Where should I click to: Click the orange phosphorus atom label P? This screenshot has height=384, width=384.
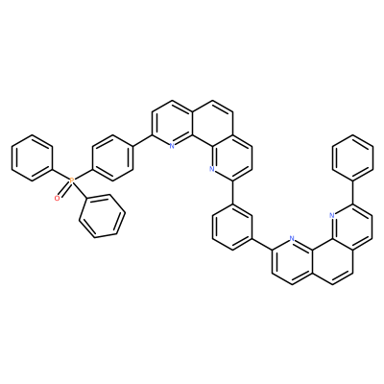tap(72, 181)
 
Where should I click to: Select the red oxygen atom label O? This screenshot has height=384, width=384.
tap(57, 199)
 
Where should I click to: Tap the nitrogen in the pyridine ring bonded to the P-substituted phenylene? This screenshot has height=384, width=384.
tap(172, 146)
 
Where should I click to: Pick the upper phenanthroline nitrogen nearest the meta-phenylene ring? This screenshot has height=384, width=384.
tap(211, 169)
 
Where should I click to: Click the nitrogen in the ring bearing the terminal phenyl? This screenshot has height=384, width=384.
tap(332, 215)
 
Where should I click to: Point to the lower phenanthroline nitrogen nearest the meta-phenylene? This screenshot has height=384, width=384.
tap(292, 238)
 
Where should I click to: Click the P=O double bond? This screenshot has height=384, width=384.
tap(64, 190)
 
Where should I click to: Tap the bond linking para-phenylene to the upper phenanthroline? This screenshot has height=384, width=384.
tap(142, 140)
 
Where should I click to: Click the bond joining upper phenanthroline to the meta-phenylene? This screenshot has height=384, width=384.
tap(232, 193)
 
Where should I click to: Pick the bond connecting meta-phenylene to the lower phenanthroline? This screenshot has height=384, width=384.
tap(262, 245)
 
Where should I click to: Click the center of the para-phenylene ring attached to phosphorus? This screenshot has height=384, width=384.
tap(112, 158)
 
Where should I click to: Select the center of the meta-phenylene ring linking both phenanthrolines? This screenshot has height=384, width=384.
tap(232, 228)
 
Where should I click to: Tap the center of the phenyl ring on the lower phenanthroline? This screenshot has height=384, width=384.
tap(352, 157)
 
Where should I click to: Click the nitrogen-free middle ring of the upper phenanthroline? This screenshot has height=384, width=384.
tap(212, 123)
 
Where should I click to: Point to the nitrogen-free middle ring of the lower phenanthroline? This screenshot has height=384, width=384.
tap(332, 261)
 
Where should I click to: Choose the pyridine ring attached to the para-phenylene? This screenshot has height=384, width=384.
tap(173, 123)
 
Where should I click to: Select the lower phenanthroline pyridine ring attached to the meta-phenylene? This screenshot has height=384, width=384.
tap(292, 261)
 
